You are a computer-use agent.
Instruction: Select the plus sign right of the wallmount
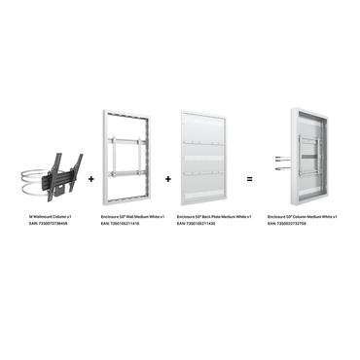point(90,179)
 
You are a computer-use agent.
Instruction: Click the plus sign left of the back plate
point(167,179)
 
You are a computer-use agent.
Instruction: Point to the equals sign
point(249,179)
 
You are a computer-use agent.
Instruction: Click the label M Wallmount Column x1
point(51,217)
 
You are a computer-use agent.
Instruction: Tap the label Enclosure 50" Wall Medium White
point(133,217)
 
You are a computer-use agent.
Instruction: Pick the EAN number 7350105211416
point(126,224)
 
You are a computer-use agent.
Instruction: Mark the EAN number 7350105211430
point(201,224)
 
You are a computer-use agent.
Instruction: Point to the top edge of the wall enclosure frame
point(130,110)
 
